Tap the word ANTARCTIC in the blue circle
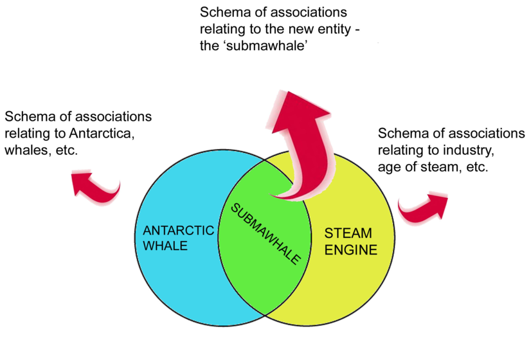178,231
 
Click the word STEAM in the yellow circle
348,233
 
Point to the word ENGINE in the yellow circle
350,249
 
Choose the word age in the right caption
390,166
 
